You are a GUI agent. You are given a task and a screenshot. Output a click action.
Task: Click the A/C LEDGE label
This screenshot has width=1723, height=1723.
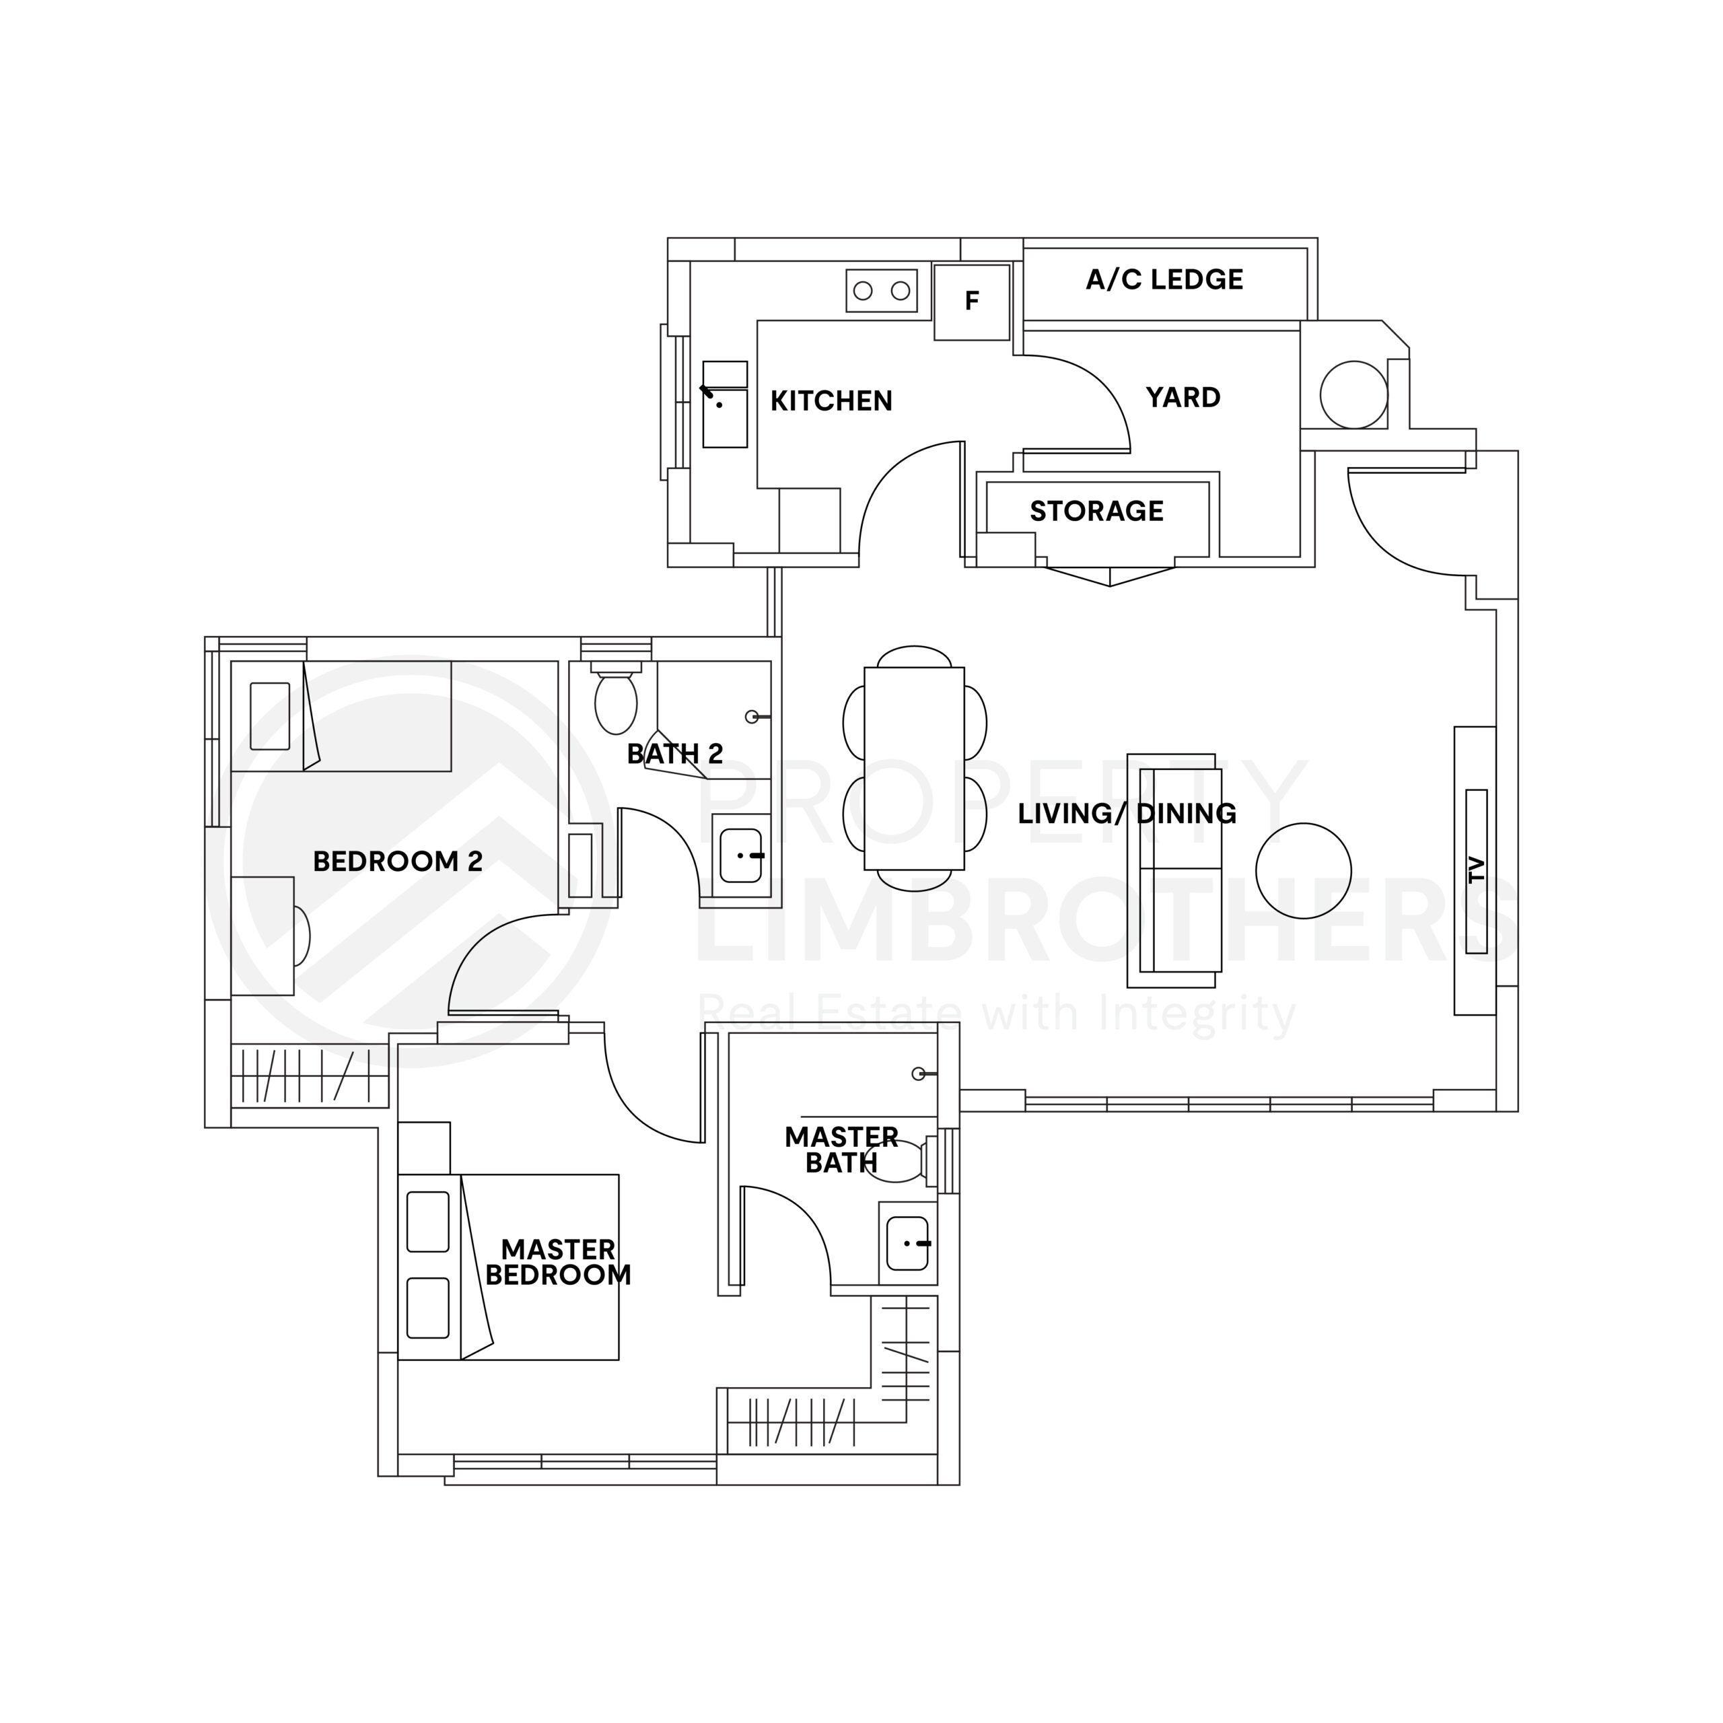point(1164,280)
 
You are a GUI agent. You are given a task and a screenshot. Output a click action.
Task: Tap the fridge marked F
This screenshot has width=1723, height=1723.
point(972,302)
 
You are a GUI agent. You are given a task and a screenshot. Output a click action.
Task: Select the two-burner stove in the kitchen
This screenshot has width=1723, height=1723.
point(881,291)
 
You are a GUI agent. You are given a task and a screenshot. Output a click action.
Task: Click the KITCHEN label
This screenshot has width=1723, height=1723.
point(831,401)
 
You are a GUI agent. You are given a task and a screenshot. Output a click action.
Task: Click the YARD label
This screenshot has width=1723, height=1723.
point(1183,398)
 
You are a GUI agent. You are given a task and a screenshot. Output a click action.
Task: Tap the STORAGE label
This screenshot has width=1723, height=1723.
point(1096,511)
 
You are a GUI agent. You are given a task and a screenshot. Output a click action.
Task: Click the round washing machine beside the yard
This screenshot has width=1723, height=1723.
point(1353,395)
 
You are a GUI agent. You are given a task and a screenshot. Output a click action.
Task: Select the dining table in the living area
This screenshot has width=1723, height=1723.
point(914,768)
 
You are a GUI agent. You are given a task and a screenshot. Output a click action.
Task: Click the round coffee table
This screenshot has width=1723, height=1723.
point(1303,870)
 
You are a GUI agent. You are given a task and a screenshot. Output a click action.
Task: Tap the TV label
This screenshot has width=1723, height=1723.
point(1476,870)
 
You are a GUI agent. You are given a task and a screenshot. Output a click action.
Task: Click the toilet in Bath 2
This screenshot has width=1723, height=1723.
point(615,703)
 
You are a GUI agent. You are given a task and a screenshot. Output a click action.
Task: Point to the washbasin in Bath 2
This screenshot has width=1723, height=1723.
point(740,855)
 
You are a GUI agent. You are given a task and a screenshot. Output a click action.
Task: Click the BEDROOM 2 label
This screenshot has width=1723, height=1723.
point(398,861)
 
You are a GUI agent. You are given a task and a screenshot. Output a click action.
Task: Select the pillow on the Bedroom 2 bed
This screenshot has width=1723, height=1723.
point(270,716)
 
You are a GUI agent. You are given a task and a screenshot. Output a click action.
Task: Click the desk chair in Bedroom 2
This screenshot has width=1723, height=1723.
point(302,936)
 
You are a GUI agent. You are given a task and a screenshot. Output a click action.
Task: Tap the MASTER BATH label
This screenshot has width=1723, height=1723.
point(841,1150)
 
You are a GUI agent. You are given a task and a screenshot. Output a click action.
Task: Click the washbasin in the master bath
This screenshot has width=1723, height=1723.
point(908,1243)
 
